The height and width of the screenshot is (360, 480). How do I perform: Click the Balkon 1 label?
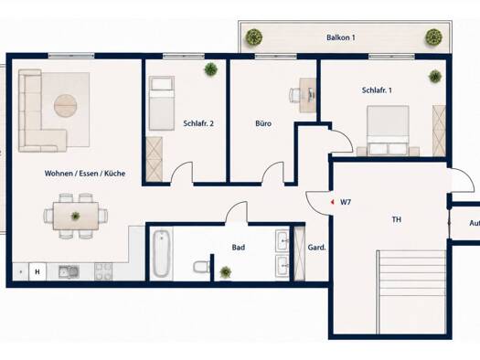click(341, 37)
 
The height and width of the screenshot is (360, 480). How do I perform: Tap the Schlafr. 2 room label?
click(198, 123)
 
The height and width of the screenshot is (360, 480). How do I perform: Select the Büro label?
click(263, 123)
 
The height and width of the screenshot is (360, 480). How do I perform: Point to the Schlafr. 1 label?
click(377, 90)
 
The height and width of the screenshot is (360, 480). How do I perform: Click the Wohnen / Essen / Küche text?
click(85, 174)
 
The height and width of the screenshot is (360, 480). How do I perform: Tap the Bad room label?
click(238, 247)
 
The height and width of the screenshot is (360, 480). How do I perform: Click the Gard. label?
click(316, 248)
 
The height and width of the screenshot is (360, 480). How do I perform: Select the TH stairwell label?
click(397, 219)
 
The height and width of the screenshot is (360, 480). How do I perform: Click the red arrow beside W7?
click(332, 202)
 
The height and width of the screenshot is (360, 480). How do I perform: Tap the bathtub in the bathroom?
click(161, 254)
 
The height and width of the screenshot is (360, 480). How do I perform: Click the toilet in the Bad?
click(202, 267)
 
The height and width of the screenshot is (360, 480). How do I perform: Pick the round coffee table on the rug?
click(65, 105)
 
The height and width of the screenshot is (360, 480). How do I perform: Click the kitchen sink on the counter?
click(69, 271)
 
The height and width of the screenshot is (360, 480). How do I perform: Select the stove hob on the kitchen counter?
click(103, 271)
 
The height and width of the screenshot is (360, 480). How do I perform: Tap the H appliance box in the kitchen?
click(37, 271)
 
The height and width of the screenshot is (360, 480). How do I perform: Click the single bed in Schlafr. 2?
click(162, 103)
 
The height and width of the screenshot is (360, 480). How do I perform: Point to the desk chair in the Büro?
click(294, 94)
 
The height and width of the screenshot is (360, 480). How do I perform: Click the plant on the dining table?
click(75, 216)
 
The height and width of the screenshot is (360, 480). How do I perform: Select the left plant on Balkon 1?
click(254, 37)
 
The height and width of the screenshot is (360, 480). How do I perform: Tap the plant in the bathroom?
click(225, 272)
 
